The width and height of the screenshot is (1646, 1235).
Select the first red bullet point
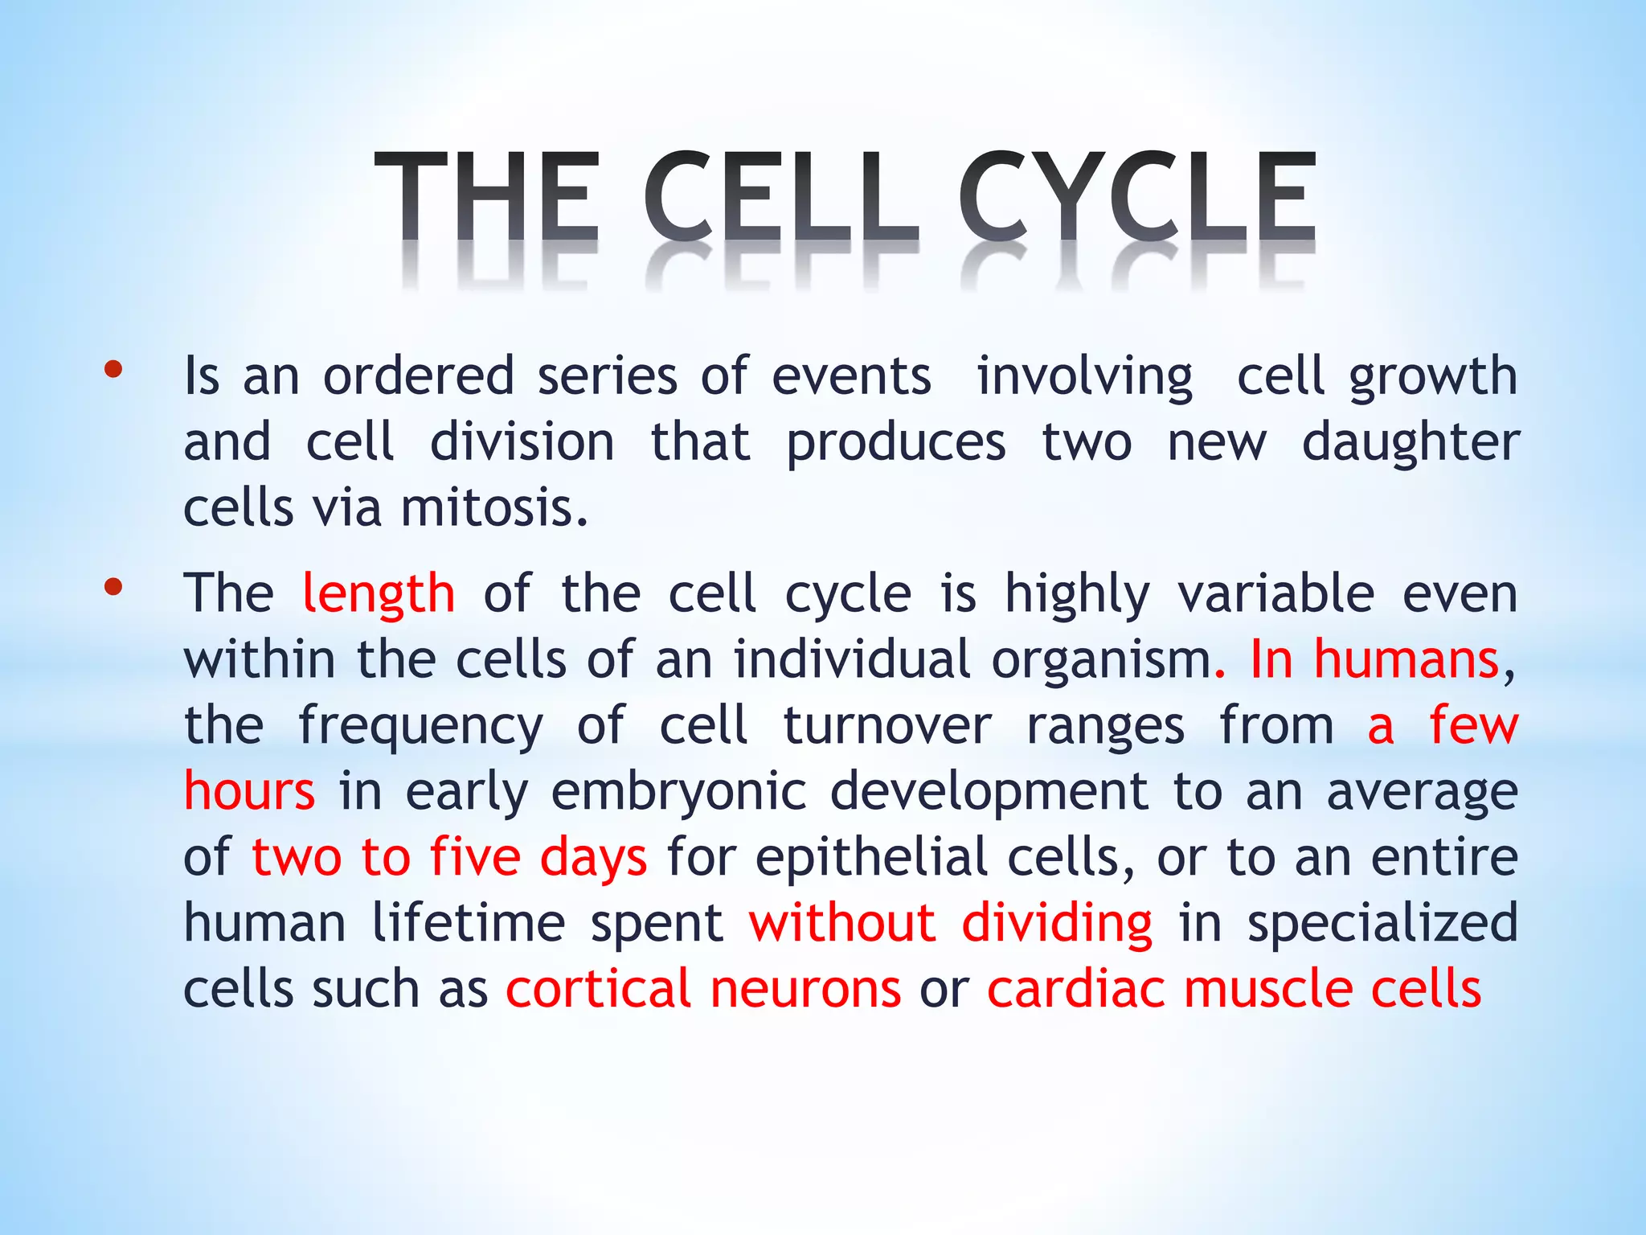[x=113, y=370]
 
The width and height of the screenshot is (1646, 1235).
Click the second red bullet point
[x=113, y=587]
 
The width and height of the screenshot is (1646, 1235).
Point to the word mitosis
[x=493, y=508]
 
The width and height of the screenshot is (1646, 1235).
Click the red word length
[x=379, y=593]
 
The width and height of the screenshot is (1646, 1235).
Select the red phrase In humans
[x=1374, y=659]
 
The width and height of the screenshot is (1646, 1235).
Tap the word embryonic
[x=678, y=791]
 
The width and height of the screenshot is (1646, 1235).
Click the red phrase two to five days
[x=449, y=857]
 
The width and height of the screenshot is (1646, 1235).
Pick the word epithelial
[x=871, y=857]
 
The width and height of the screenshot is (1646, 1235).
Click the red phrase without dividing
[x=950, y=923]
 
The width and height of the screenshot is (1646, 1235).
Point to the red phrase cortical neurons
[x=703, y=989]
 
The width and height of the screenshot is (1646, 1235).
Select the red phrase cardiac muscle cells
[x=1234, y=989]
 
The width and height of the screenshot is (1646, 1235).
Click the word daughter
[x=1411, y=444]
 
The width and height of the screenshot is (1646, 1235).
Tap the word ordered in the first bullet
[x=418, y=376]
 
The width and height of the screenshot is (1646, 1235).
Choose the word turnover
[x=887, y=725]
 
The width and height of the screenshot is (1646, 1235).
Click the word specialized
[x=1382, y=923]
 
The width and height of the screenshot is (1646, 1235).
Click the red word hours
[x=249, y=791]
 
